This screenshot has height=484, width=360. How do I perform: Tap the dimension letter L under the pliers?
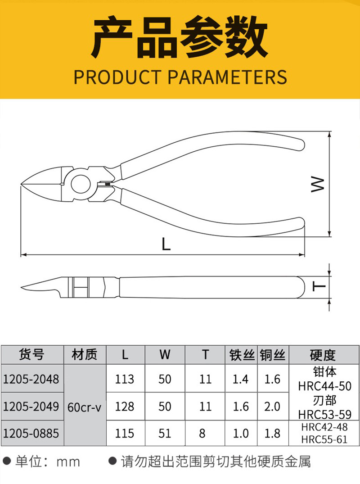[166, 244]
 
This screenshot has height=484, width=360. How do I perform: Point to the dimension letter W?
[317, 184]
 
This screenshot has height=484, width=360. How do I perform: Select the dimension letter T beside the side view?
[319, 287]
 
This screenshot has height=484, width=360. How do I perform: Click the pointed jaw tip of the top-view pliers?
[21, 185]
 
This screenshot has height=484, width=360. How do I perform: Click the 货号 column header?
[31, 354]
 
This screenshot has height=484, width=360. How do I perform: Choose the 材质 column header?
[85, 354]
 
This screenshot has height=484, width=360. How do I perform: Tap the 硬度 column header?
[323, 355]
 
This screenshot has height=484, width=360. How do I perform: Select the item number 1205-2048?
[31, 379]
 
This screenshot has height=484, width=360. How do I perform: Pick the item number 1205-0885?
[31, 434]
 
